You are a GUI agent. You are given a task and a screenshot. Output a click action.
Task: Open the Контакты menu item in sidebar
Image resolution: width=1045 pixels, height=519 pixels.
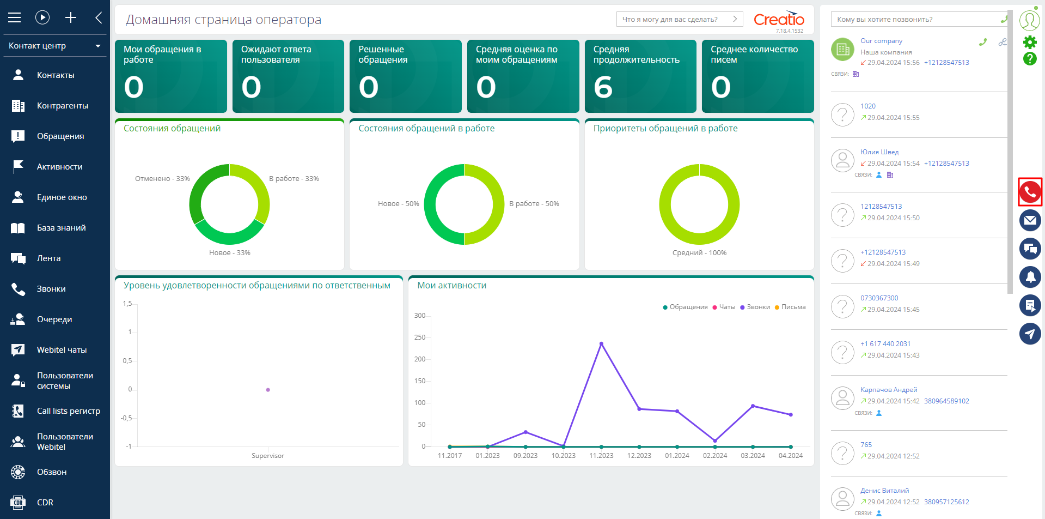pos(55,75)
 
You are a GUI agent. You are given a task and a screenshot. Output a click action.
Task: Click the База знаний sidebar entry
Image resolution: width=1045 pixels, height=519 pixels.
pos(61,228)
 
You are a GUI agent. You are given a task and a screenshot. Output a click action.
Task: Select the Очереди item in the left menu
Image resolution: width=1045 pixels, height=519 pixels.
pos(54,319)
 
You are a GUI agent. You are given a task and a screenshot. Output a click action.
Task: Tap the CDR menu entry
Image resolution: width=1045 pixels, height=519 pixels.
pos(45,503)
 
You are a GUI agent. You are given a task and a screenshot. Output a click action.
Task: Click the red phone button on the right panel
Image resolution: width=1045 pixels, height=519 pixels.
pos(1030,192)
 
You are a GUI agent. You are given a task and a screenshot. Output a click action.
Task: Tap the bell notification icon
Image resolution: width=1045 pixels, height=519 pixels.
pos(1030,277)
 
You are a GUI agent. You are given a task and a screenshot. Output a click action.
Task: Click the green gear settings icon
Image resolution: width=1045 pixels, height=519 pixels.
pos(1029,42)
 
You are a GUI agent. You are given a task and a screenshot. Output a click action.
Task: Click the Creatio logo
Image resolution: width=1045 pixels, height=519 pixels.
pos(779,20)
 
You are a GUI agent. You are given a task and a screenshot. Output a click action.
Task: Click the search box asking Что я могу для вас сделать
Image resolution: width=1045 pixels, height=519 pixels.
pos(679,19)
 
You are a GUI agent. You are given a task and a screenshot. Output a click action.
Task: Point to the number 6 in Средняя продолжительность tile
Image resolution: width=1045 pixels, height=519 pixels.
pos(603,87)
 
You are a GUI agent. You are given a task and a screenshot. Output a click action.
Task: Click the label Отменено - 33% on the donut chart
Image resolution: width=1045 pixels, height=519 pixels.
pos(162,179)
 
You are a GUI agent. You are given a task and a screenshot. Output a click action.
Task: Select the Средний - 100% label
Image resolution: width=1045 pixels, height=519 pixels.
pos(699,253)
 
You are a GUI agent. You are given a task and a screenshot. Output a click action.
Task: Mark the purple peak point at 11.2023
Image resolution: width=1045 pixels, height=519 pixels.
pos(601,344)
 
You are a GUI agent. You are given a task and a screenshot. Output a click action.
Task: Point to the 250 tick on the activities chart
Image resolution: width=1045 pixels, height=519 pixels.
pos(419,337)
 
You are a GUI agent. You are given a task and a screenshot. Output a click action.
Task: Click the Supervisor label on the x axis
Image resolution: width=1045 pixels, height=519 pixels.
pos(268,456)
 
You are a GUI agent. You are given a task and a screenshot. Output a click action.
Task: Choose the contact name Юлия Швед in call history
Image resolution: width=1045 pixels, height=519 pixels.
pos(879,152)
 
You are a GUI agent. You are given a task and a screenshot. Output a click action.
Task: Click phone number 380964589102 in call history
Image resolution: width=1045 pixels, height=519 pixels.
pos(946,401)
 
